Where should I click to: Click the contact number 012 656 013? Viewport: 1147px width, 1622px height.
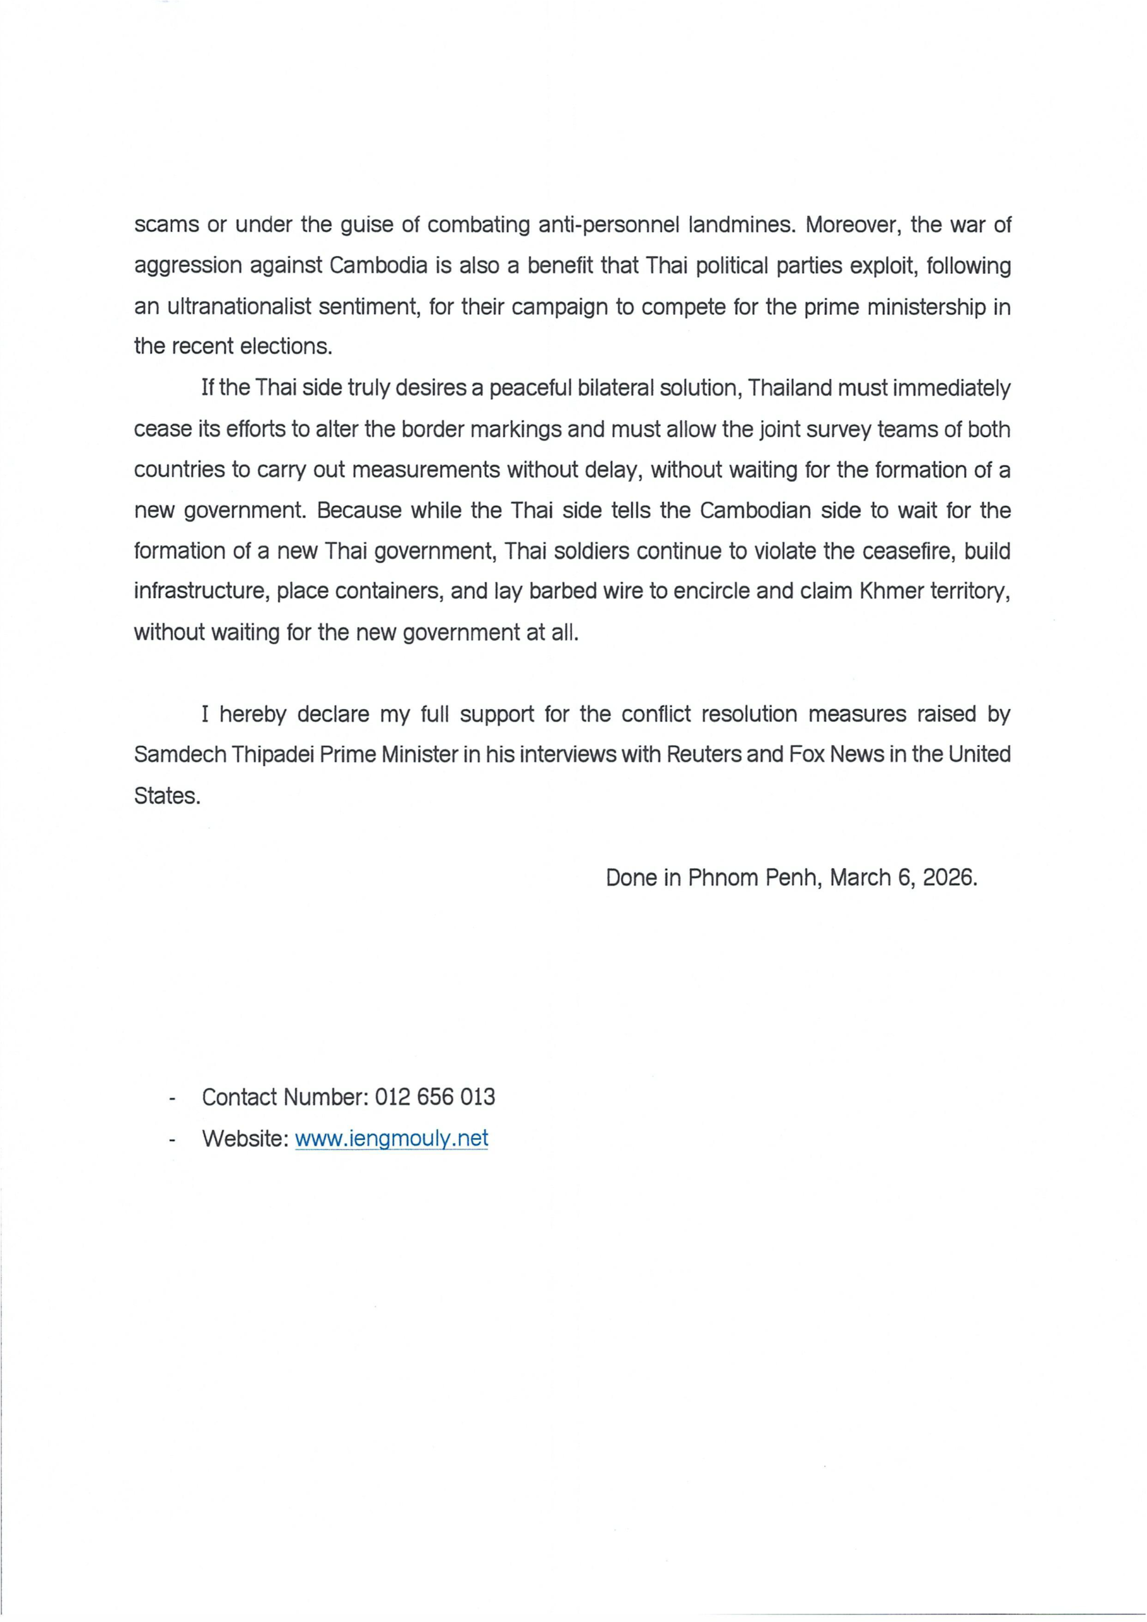click(x=434, y=1097)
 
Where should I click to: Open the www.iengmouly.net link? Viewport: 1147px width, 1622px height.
click(x=391, y=1138)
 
